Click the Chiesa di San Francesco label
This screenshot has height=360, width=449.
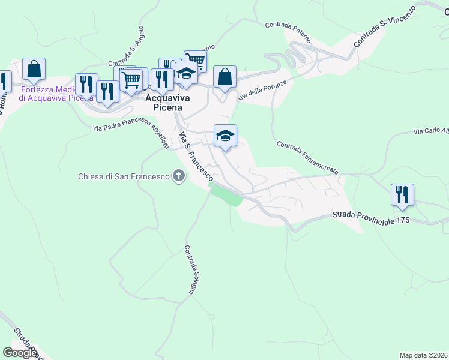tap(124, 176)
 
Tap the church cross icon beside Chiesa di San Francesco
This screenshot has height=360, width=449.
tap(178, 176)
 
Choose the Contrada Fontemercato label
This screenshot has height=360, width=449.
tap(307, 157)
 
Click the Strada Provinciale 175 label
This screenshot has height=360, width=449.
tap(370, 217)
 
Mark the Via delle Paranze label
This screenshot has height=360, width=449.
tap(268, 88)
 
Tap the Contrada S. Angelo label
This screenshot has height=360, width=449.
tap(127, 46)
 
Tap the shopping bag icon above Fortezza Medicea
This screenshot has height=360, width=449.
tap(34, 69)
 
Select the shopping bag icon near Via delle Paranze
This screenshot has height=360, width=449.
tap(224, 77)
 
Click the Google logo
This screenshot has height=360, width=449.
tap(20, 353)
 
